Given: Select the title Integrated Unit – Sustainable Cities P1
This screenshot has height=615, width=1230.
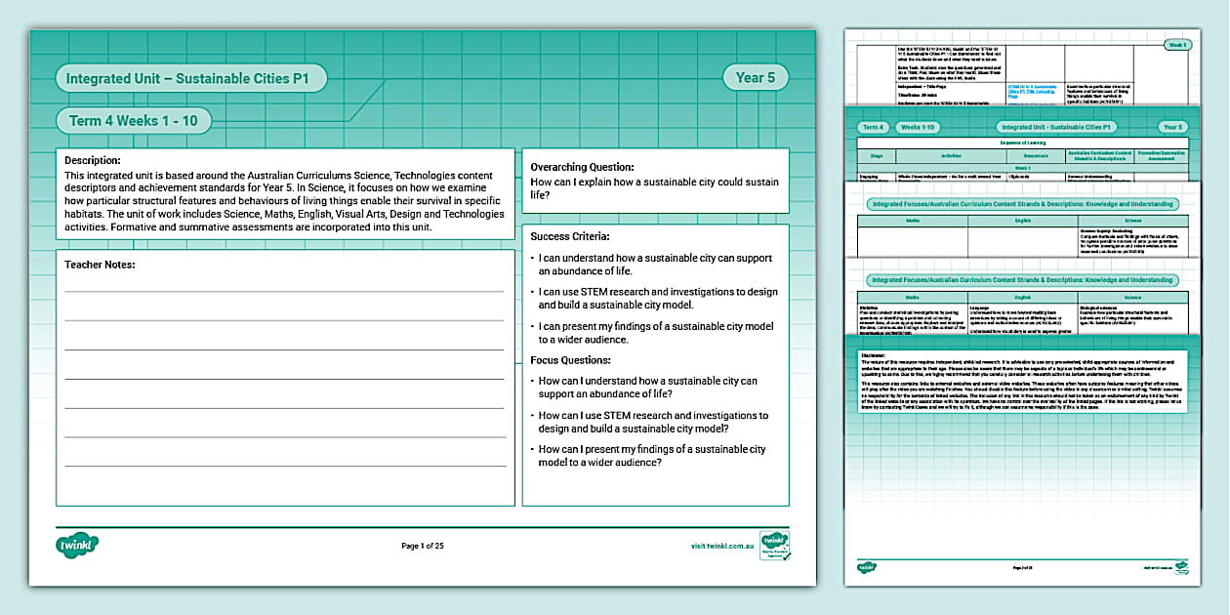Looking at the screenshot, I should (x=190, y=78).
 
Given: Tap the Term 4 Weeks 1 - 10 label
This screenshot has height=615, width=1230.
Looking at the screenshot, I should (x=134, y=121).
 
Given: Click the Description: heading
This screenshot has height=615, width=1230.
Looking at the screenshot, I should (x=93, y=160).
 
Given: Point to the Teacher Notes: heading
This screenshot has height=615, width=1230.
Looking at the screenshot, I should (x=101, y=265).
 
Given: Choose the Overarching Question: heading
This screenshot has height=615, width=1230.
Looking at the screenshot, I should (x=582, y=167).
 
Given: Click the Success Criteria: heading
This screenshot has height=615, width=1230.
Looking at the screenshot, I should (x=569, y=236).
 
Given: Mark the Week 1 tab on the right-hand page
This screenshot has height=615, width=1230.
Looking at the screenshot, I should (x=1176, y=44).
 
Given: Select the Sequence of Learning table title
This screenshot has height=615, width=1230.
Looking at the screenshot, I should (x=1022, y=142).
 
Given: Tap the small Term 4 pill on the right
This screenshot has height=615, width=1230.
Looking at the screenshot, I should (x=873, y=127).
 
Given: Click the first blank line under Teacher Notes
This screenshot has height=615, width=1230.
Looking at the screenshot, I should (x=284, y=291).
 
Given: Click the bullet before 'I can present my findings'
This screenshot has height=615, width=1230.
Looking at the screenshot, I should (x=532, y=326).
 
